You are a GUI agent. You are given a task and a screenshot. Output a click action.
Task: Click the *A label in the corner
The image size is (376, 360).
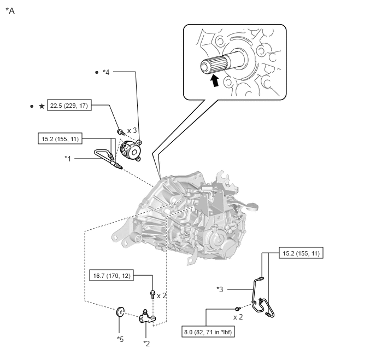pyautogui.click(x=10, y=11)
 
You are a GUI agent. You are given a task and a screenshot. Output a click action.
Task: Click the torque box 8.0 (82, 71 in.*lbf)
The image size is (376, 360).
pyautogui.click(x=208, y=332)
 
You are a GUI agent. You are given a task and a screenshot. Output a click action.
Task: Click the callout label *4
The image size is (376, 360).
pyautogui.click(x=106, y=72)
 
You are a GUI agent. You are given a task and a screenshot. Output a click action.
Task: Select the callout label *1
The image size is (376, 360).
pyautogui.click(x=68, y=159)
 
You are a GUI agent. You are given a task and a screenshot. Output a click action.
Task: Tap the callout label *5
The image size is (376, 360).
pyautogui.click(x=120, y=339)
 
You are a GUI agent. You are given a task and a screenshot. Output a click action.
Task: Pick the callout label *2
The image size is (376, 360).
pyautogui.click(x=146, y=344)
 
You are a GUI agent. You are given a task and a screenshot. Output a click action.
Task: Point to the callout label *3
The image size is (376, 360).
pyautogui.click(x=220, y=289)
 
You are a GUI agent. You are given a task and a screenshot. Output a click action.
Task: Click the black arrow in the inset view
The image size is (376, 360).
pyautogui.click(x=215, y=80)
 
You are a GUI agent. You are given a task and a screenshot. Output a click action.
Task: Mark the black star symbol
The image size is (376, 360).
pyautogui.click(x=42, y=106)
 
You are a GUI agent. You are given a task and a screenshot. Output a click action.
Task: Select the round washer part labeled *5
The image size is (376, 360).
pyautogui.click(x=120, y=311)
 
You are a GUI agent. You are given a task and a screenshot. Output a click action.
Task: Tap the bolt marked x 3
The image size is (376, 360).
pyautogui.click(x=121, y=132)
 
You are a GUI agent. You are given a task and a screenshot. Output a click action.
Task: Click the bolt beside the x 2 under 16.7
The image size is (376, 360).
pyautogui.click(x=152, y=294)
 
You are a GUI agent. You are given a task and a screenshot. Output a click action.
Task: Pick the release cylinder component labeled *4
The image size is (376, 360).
pyautogui.click(x=131, y=150)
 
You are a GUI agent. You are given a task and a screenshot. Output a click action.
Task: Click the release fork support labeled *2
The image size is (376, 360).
pyautogui.click(x=147, y=317)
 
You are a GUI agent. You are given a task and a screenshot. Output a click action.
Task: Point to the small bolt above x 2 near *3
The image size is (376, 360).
pyautogui.click(x=238, y=309)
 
